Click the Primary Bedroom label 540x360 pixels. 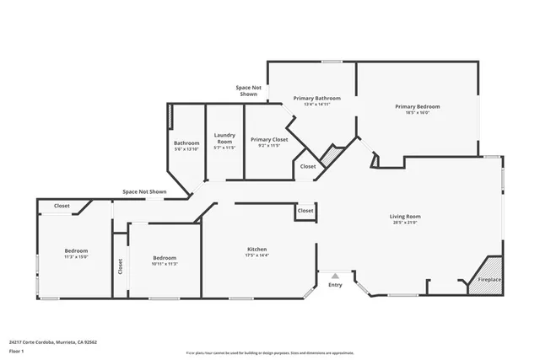coord(418,107)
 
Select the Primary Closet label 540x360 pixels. coord(269,139)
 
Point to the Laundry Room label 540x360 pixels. coord(224,137)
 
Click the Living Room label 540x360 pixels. coord(405,217)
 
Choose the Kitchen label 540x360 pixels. coord(256,249)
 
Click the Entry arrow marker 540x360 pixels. coord(335,275)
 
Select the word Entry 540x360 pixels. coord(335,285)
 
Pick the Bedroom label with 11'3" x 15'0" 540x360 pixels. coord(76,250)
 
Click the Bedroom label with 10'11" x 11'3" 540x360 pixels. coord(165,258)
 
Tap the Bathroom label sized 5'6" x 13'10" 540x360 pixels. coord(186,143)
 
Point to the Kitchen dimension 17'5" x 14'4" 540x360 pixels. coord(256,255)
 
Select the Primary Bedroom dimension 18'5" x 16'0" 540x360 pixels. coord(418,114)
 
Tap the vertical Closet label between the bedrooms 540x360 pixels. coord(120,267)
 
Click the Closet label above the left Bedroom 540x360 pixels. coord(62,206)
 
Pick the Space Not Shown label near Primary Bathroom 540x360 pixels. coord(247,91)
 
